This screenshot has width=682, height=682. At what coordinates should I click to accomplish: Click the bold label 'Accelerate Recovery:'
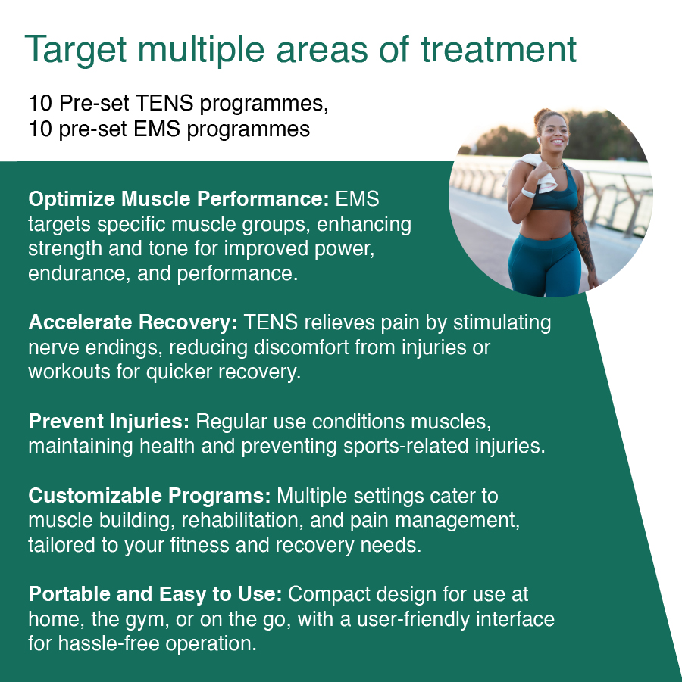[x=133, y=322]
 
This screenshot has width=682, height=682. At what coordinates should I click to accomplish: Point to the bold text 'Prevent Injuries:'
[x=111, y=421]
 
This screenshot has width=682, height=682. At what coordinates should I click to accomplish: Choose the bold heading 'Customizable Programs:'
[x=149, y=496]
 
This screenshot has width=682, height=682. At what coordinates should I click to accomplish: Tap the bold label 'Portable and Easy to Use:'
[x=155, y=594]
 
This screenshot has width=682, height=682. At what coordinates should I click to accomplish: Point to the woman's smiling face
[x=557, y=140]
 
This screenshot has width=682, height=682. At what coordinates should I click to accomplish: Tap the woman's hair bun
[x=543, y=117]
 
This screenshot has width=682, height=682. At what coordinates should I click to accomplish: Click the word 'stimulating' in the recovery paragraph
[x=502, y=322]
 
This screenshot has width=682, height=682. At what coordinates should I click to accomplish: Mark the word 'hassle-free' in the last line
[x=116, y=644]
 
